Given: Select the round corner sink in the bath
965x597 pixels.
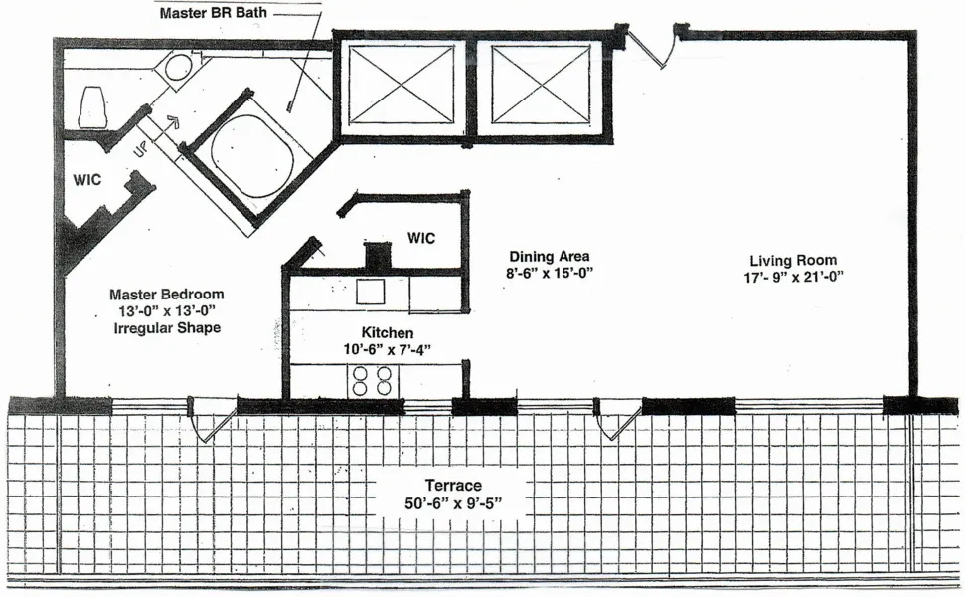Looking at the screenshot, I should pos(179,69).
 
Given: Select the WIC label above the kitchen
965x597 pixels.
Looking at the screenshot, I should pos(420,239).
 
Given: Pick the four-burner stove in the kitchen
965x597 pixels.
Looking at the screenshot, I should pos(372,381).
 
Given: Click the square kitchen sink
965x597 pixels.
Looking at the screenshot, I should pos(372,291).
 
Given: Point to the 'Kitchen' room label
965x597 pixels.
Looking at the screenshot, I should pos(388,332).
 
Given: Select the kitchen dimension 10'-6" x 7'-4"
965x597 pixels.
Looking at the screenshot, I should pos(387,349).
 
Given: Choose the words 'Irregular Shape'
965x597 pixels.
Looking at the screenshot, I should pos(166,328).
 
